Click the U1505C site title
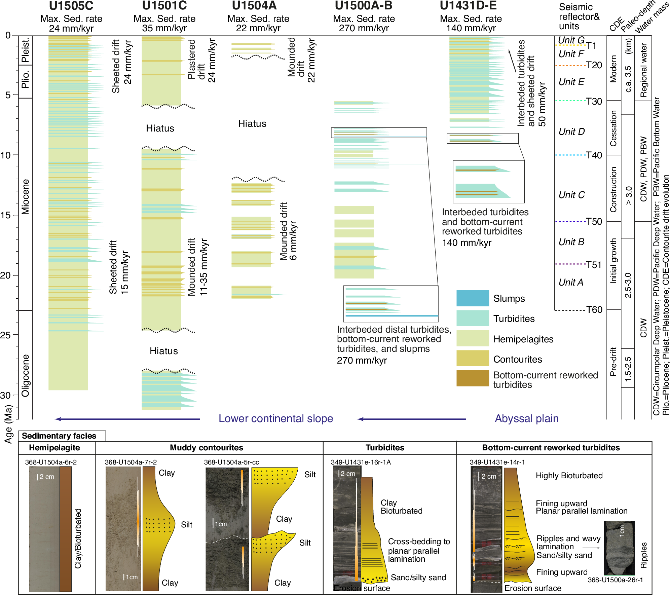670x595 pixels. click(71, 6)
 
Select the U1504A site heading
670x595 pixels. click(254, 6)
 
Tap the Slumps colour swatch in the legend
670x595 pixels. click(472, 298)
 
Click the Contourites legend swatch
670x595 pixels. click(472, 359)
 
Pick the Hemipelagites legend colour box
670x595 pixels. click(472, 338)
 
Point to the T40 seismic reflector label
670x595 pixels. click(594, 155)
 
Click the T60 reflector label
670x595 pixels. click(594, 310)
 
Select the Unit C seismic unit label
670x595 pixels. click(571, 195)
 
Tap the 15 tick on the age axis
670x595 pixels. click(6, 215)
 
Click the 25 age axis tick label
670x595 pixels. click(6, 335)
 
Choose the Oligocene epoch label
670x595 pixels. click(26, 375)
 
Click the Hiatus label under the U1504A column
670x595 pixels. click(252, 124)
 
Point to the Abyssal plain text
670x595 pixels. click(526, 419)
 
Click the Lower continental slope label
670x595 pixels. click(275, 419)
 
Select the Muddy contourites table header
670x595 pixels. click(206, 448)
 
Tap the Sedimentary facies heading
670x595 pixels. click(59, 436)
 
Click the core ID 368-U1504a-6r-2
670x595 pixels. click(51, 462)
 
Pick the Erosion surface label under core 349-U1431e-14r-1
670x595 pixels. click(533, 588)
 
